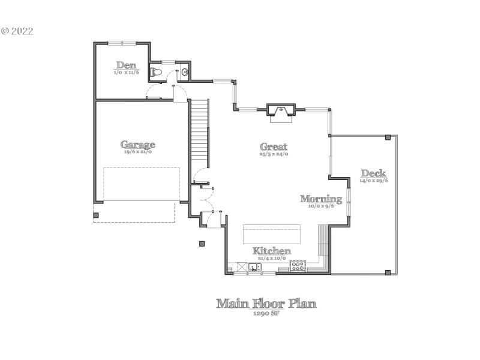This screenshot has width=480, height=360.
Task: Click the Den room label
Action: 127,65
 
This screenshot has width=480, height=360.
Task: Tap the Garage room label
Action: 138,144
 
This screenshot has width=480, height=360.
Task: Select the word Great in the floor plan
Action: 274,146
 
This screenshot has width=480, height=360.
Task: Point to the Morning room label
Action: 321,199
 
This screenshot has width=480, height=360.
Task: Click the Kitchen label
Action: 272,251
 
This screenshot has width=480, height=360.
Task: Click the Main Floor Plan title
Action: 266,303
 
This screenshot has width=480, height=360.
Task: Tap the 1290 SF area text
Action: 266,314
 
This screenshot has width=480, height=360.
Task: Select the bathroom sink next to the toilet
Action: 185,73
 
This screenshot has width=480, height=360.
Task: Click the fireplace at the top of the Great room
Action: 280,110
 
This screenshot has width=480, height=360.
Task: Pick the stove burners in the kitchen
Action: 298,265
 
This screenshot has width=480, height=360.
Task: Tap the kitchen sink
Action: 254,267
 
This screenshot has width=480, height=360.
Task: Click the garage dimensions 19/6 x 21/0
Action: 138,152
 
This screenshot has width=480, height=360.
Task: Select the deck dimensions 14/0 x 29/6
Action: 373,180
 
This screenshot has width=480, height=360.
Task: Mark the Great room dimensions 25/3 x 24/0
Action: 274,154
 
